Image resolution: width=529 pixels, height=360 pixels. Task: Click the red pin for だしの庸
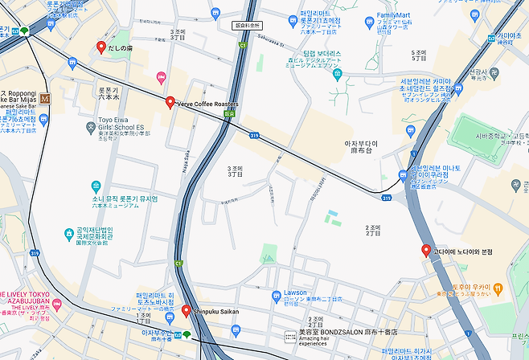pyautogui.click(x=100, y=47)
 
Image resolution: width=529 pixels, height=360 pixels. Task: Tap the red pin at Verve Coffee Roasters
pyautogui.click(x=170, y=102)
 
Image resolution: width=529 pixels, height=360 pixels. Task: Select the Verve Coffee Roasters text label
pyautogui.click(x=207, y=104)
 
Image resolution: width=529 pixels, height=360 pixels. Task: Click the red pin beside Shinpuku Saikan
pyautogui.click(x=186, y=310)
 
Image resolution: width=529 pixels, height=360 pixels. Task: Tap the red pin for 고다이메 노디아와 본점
pyautogui.click(x=426, y=250)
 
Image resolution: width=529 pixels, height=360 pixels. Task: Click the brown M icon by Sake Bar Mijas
pyautogui.click(x=45, y=98)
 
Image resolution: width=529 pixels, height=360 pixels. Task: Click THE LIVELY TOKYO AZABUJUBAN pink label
pyautogui.click(x=32, y=298)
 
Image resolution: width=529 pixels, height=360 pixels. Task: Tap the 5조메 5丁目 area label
pyautogui.click(x=418, y=55)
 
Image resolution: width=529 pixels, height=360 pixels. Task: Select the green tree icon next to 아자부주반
pyautogui.click(x=187, y=333)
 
